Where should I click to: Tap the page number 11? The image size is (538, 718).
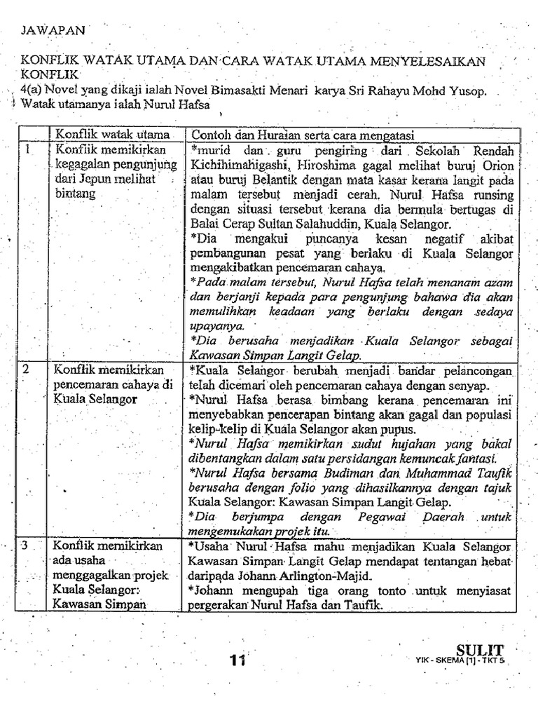(236, 659)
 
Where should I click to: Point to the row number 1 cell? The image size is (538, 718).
(26, 149)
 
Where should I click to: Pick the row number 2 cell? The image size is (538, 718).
(26, 369)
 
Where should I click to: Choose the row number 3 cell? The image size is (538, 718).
(26, 545)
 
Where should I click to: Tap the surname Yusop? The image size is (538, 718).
(465, 91)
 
